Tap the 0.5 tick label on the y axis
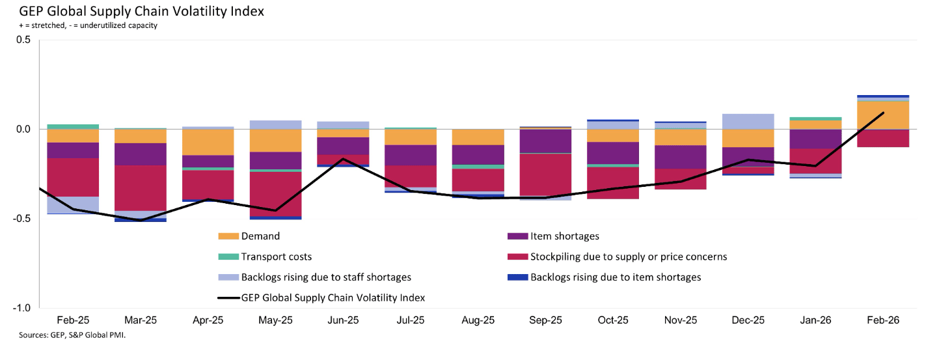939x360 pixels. coord(23,40)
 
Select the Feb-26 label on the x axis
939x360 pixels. coord(883,321)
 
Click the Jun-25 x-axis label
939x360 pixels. coord(343,321)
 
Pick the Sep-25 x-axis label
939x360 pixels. coord(545,321)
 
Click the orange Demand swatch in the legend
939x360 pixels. coord(228,236)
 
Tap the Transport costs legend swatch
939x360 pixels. coord(228,256)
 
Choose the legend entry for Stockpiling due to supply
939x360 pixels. coord(628,256)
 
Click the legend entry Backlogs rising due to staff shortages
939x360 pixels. coord(325,277)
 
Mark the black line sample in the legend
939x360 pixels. coord(228,298)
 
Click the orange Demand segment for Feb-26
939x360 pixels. coord(883,115)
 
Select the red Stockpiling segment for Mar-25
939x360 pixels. coord(140,187)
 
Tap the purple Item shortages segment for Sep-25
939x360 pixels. coord(545,141)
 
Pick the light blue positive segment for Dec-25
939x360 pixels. coord(748,121)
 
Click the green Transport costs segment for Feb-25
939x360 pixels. coord(73,126)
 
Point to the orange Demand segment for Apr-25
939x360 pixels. coord(208,142)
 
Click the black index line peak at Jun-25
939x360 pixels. coord(343,159)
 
